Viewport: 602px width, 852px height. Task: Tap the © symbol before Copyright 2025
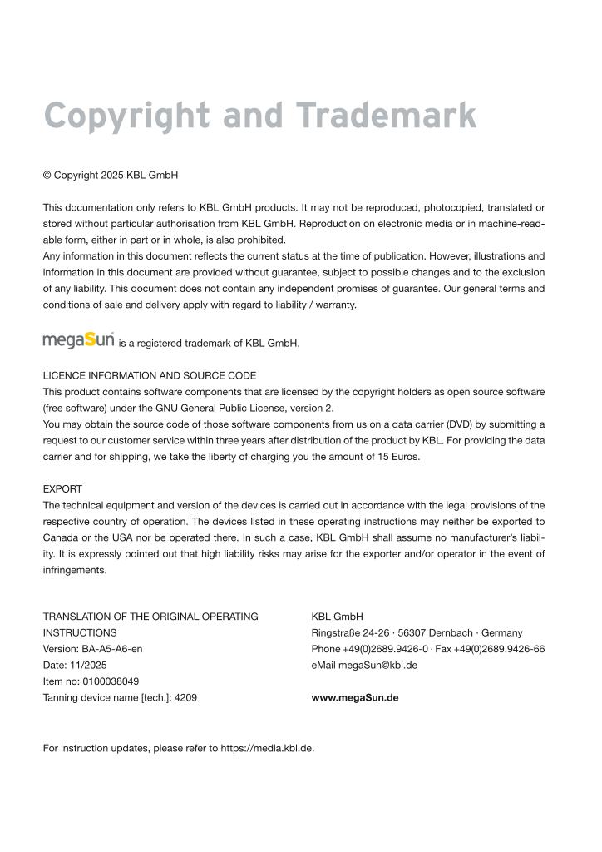coord(47,176)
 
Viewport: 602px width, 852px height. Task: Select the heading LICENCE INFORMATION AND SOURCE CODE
coord(150,375)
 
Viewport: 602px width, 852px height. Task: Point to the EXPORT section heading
coord(62,489)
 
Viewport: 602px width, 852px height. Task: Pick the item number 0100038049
coord(111,681)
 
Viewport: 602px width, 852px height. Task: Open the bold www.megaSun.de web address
coord(354,698)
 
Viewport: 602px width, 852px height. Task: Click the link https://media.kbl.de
coord(266,748)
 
